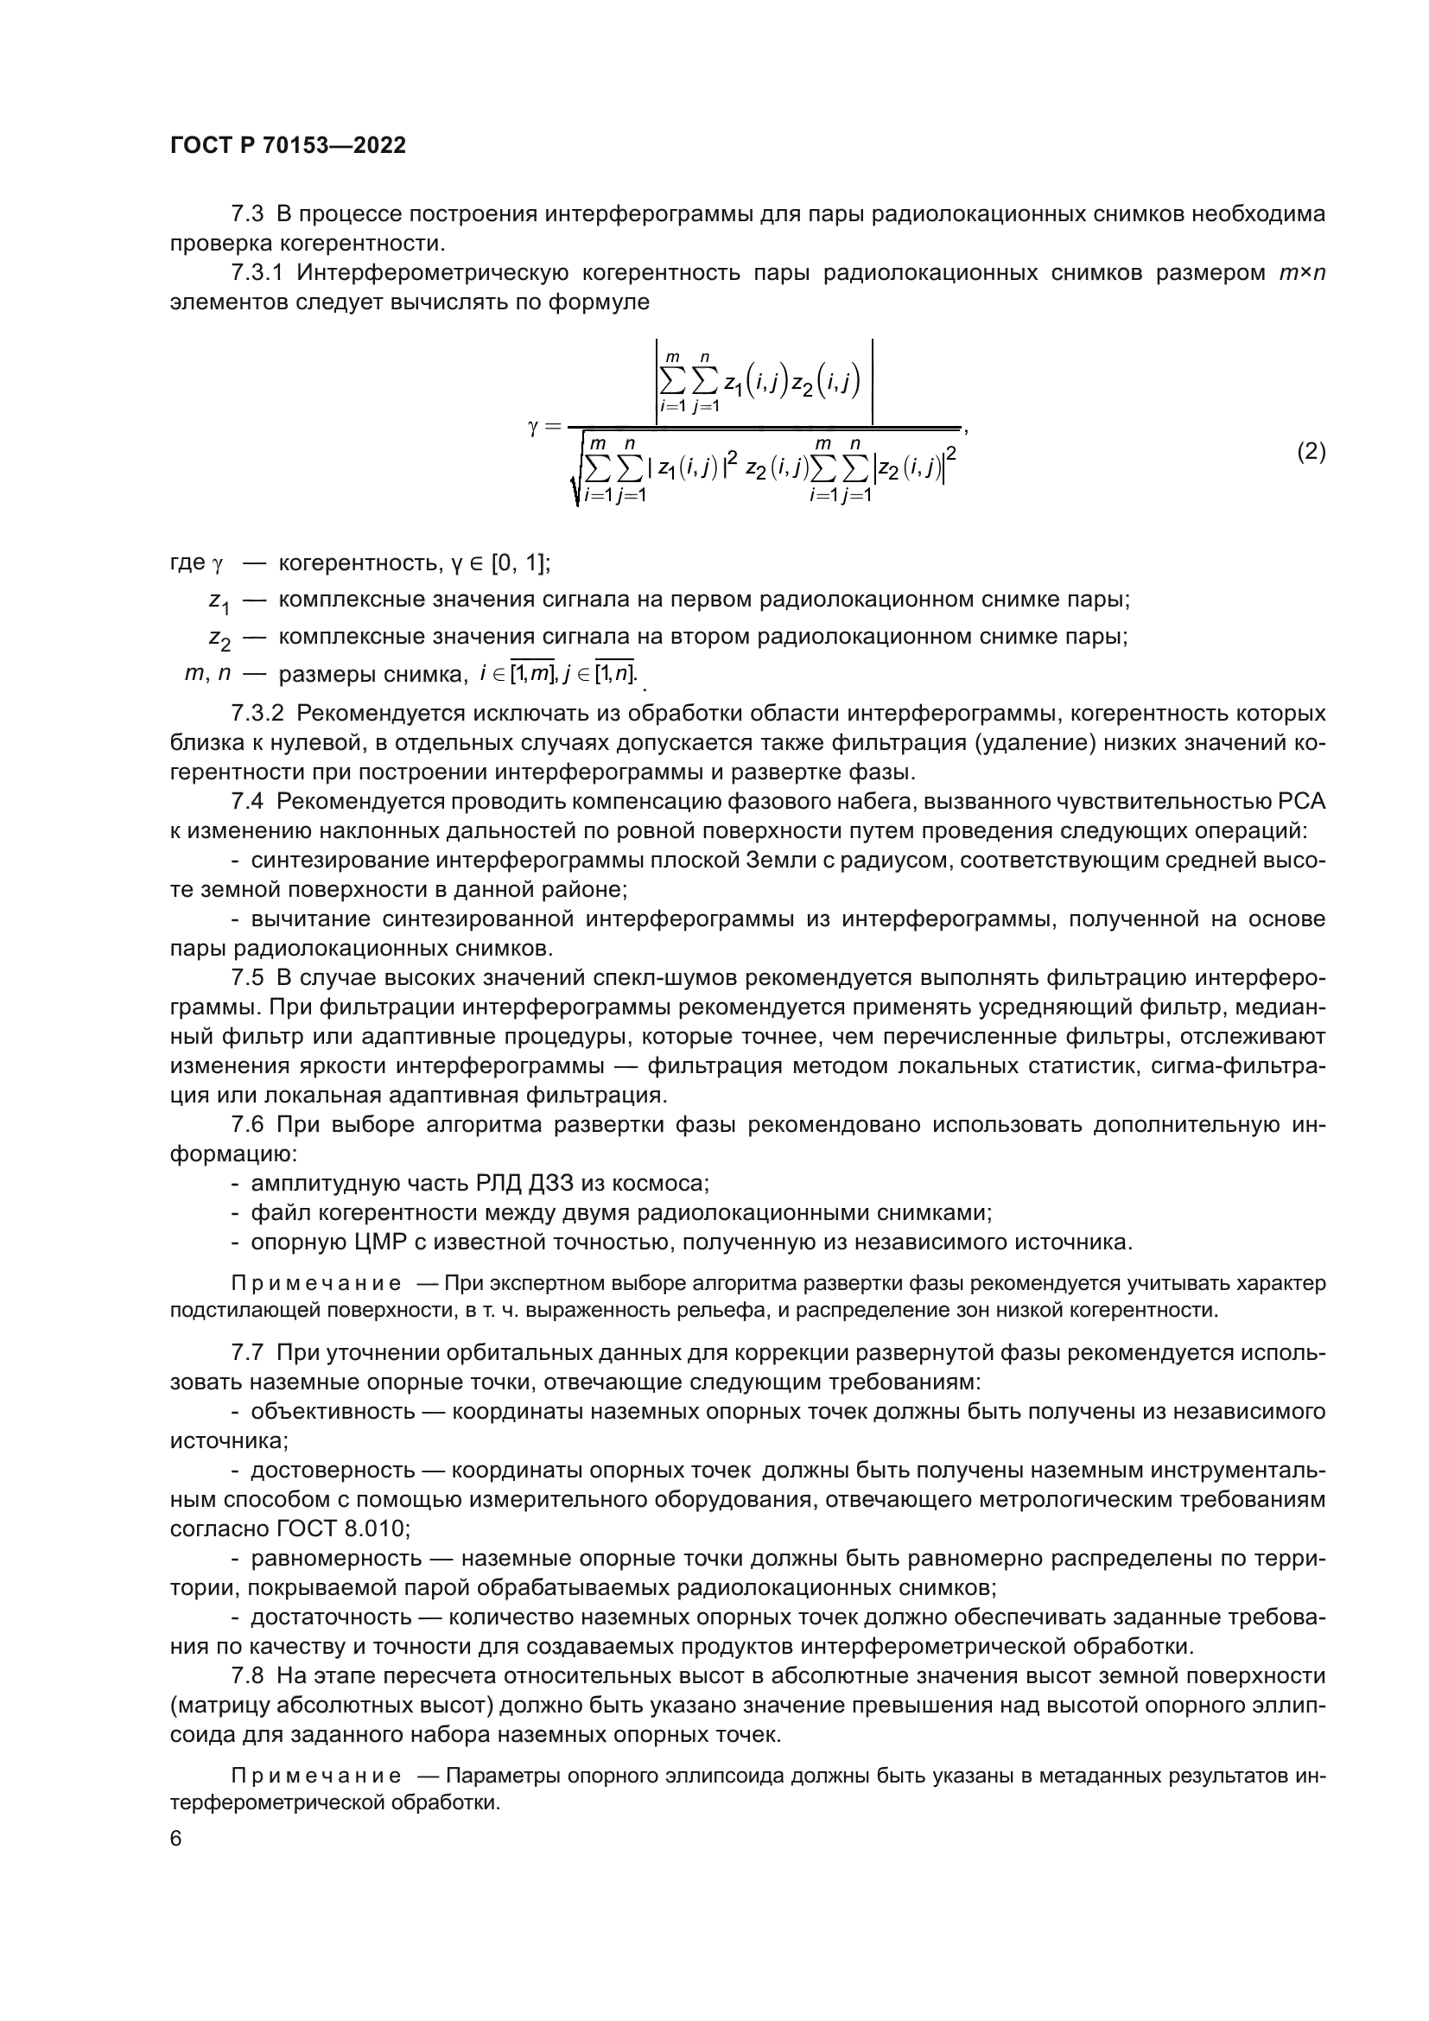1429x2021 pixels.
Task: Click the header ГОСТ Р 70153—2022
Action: click(x=288, y=146)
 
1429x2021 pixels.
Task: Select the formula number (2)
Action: click(x=1312, y=452)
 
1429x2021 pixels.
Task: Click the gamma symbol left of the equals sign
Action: click(x=532, y=428)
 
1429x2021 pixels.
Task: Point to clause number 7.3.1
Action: click(x=257, y=273)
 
